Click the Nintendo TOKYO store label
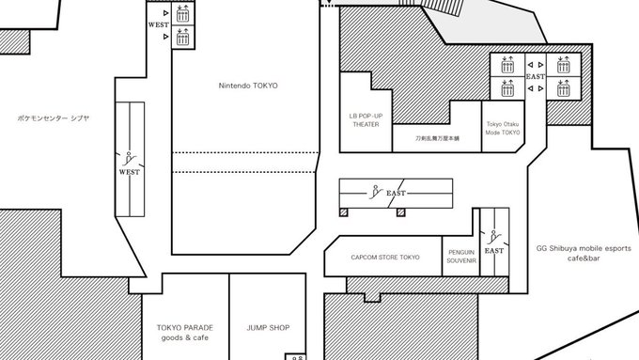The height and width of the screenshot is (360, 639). pyautogui.click(x=248, y=86)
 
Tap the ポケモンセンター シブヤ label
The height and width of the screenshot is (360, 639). pyautogui.click(x=54, y=118)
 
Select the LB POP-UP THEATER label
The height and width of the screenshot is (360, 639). pyautogui.click(x=366, y=120)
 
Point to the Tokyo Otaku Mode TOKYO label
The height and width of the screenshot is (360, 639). pyautogui.click(x=503, y=128)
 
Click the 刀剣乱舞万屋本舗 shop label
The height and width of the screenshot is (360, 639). pyautogui.click(x=437, y=138)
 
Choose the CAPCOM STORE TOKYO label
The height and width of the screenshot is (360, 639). pyautogui.click(x=385, y=258)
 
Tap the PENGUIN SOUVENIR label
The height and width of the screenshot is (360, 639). pyautogui.click(x=461, y=257)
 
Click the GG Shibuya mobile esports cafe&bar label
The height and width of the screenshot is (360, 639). pyautogui.click(x=584, y=253)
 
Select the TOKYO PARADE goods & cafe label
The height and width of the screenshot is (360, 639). pyautogui.click(x=185, y=333)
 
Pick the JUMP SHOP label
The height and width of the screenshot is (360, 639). pyautogui.click(x=268, y=328)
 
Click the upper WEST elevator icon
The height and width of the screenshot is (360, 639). pyautogui.click(x=183, y=13)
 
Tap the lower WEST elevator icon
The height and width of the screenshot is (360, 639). pyautogui.click(x=183, y=37)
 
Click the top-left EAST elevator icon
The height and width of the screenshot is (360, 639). pyautogui.click(x=507, y=65)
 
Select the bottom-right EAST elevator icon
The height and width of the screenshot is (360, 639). pyautogui.click(x=564, y=87)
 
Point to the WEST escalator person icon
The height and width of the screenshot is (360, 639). pyautogui.click(x=129, y=159)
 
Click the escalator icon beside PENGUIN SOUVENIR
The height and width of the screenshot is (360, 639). pyautogui.click(x=493, y=237)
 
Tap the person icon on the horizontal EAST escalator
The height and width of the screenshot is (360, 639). pyautogui.click(x=375, y=192)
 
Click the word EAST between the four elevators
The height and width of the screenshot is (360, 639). pyautogui.click(x=536, y=77)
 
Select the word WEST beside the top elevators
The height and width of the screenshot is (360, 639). pyautogui.click(x=159, y=24)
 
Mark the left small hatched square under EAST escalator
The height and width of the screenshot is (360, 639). pyautogui.click(x=344, y=212)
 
